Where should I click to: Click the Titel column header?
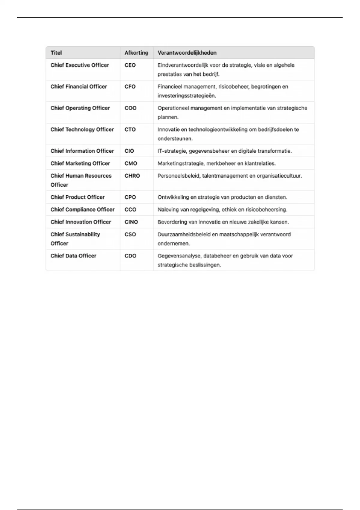pos(56,53)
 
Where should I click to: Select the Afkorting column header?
pos(136,53)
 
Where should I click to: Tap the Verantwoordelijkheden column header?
pos(187,53)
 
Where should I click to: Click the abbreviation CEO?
pos(130,65)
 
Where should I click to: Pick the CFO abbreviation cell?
pos(130,87)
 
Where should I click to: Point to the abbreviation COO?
pos(130,108)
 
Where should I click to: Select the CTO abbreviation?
pos(130,130)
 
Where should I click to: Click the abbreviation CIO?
pos(129,151)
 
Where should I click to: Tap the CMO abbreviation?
pos(131,163)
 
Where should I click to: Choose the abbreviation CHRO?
pos(132,176)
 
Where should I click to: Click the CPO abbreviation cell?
pos(130,197)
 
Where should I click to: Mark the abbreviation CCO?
pos(130,210)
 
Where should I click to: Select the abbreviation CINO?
pos(131,222)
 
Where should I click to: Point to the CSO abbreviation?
pos(130,234)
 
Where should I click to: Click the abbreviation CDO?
pos(130,256)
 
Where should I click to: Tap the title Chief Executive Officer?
pos(79,65)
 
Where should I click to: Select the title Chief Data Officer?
pos(73,256)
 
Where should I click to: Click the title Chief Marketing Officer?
pos(80,163)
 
